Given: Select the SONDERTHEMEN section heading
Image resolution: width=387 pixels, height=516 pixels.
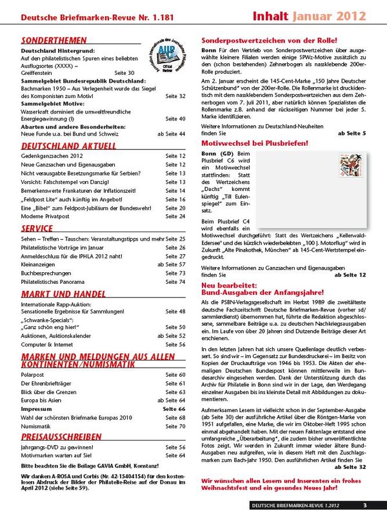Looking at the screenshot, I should point(50,40).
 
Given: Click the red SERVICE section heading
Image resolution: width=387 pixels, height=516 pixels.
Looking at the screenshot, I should point(37,228).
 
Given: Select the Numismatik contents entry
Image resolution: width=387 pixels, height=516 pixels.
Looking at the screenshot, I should point(37,426).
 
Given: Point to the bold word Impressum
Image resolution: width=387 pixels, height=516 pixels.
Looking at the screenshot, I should point(36,409).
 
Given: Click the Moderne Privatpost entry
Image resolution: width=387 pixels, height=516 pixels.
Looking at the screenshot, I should point(46,217).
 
